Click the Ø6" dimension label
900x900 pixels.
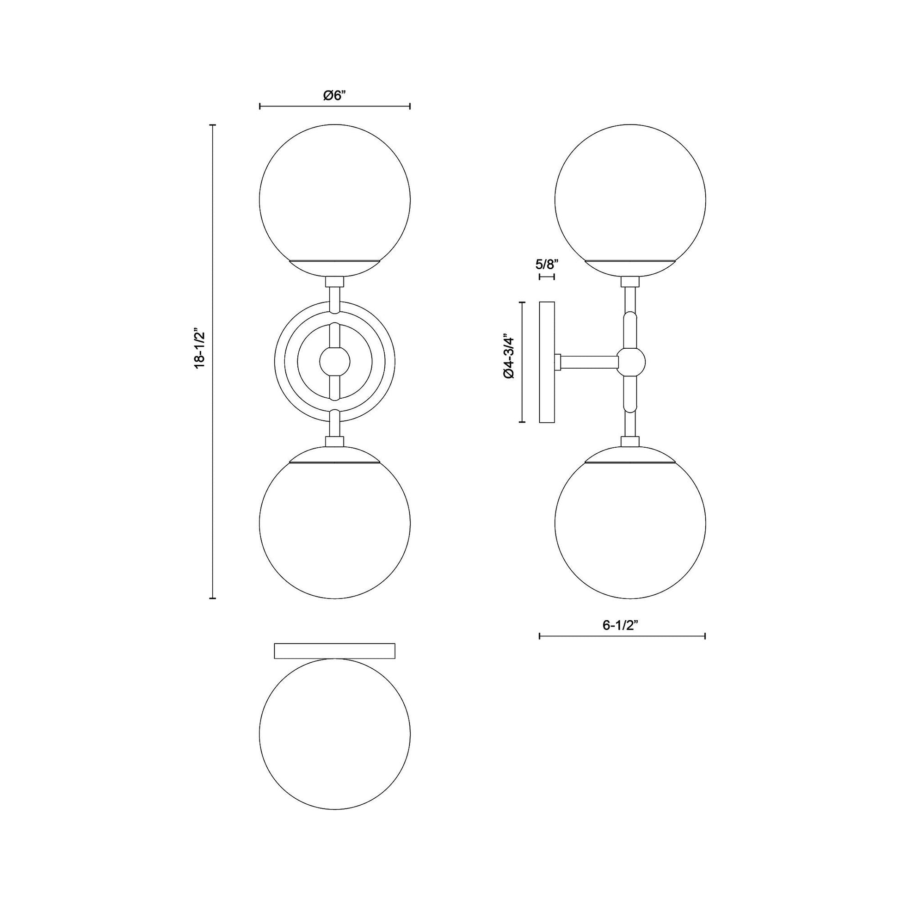pos(334,95)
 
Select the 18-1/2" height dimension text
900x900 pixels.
pos(200,350)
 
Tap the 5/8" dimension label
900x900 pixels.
pos(547,265)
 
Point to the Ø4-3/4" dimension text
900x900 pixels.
pos(509,362)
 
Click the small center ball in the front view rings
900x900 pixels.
pos(334,362)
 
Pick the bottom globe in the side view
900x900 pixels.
pos(630,529)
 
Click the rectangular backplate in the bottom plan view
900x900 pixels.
pos(334,651)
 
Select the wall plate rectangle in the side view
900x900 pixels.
pos(547,362)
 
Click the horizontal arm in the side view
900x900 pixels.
pos(589,362)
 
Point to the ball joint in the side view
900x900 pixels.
pos(631,362)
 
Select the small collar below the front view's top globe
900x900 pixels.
pos(334,281)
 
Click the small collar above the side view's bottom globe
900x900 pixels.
pos(630,441)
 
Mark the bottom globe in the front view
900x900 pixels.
pos(334,529)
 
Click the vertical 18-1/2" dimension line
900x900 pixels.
pos(213,419)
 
